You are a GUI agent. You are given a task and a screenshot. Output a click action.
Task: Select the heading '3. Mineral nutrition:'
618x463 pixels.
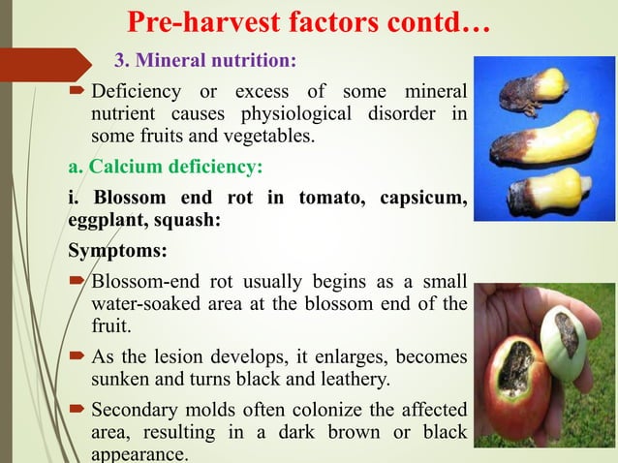205,61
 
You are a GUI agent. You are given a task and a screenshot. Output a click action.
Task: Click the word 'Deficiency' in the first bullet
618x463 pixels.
135,93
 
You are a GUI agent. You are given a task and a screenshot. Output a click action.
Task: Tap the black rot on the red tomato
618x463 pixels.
514,374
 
